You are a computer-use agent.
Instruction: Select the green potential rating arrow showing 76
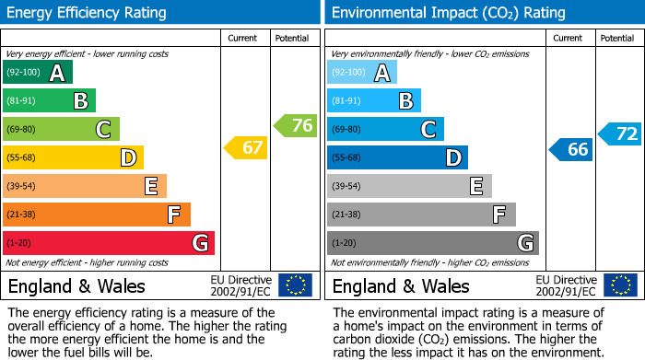point(296,125)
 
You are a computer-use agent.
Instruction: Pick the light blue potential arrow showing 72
point(620,134)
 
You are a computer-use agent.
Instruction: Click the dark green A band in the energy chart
point(38,73)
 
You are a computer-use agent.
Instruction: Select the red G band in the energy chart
point(109,243)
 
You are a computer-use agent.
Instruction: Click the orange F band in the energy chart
point(97,215)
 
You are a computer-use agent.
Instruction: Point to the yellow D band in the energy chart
point(73,158)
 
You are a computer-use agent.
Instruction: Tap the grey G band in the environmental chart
point(432,243)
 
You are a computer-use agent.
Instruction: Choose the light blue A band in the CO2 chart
point(362,73)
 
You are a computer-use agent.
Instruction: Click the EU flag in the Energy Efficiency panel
point(295,285)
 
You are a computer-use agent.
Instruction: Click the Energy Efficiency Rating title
point(88,13)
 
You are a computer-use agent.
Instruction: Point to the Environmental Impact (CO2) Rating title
point(447,13)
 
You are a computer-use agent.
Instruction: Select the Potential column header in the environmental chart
point(617,38)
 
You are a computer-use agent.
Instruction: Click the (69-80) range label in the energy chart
point(21,130)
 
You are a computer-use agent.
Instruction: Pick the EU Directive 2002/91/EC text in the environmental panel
point(566,285)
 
